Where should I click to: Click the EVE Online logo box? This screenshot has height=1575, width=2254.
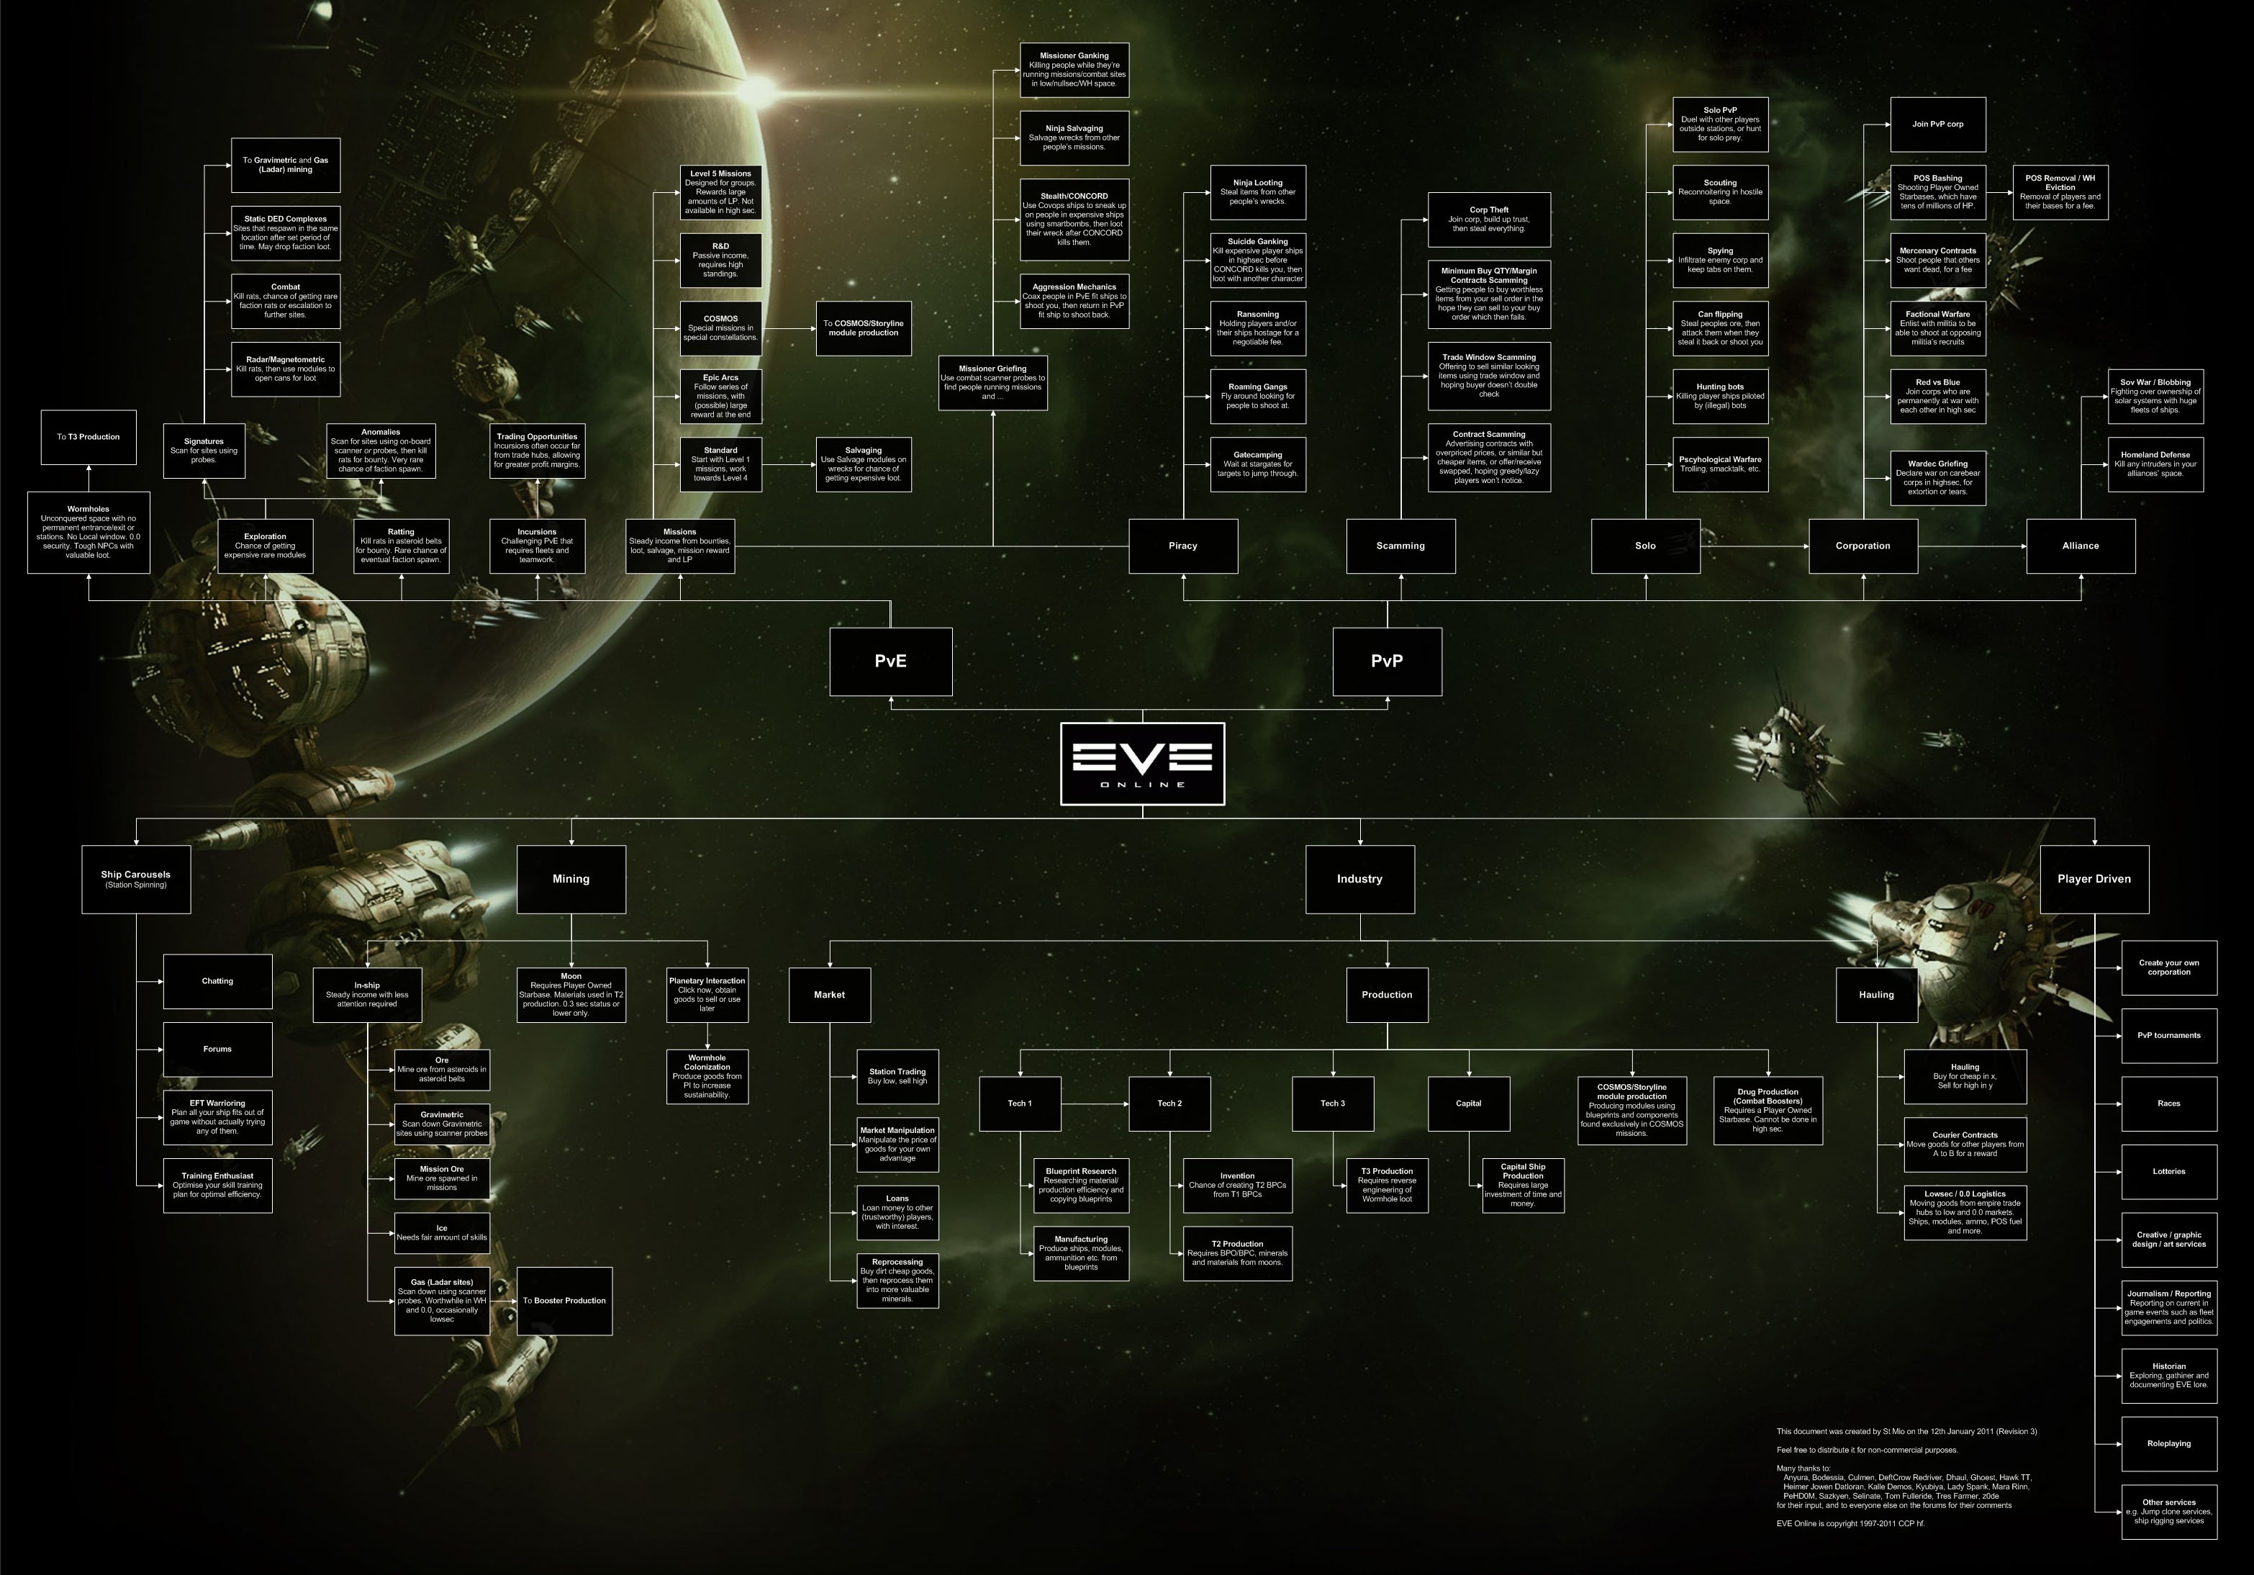point(1141,764)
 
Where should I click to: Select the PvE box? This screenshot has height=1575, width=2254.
point(890,662)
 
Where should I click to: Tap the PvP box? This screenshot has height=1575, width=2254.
point(1386,662)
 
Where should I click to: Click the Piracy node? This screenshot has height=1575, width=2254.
point(1183,546)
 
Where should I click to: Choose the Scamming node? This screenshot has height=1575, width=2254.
point(1400,546)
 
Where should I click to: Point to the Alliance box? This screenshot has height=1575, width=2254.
point(2081,546)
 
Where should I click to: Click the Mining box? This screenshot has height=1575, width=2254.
point(571,879)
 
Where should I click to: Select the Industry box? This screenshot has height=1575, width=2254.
point(1359,879)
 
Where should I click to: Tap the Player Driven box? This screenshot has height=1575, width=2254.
point(2094,879)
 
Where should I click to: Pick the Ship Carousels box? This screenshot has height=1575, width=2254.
point(135,879)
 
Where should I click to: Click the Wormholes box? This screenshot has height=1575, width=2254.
point(89,532)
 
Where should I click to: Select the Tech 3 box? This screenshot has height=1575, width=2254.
point(1332,1104)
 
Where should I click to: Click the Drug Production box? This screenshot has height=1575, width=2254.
point(1767,1111)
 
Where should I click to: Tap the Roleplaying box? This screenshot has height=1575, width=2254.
point(2168,1443)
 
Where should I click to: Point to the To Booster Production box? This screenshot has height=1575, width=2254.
point(564,1301)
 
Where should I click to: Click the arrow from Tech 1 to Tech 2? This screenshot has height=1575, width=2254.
point(1095,1104)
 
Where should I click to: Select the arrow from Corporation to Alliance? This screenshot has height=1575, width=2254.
point(1971,546)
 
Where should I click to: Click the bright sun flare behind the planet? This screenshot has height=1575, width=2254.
point(758,90)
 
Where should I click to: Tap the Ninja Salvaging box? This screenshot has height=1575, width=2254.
point(1074,138)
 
